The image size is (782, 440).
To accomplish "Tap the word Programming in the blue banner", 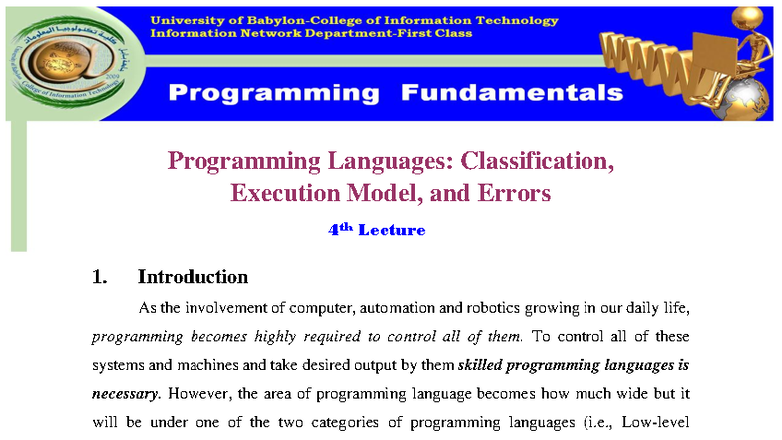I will pyautogui.click(x=273, y=93).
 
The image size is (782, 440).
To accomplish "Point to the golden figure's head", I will pyautogui.click(x=746, y=18).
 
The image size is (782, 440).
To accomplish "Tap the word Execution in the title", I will pyautogui.click(x=280, y=193).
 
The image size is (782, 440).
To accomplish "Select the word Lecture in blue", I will pyautogui.click(x=391, y=231).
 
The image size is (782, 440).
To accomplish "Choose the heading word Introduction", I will pyautogui.click(x=193, y=277).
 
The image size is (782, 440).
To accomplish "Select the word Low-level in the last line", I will pyautogui.click(x=653, y=421).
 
